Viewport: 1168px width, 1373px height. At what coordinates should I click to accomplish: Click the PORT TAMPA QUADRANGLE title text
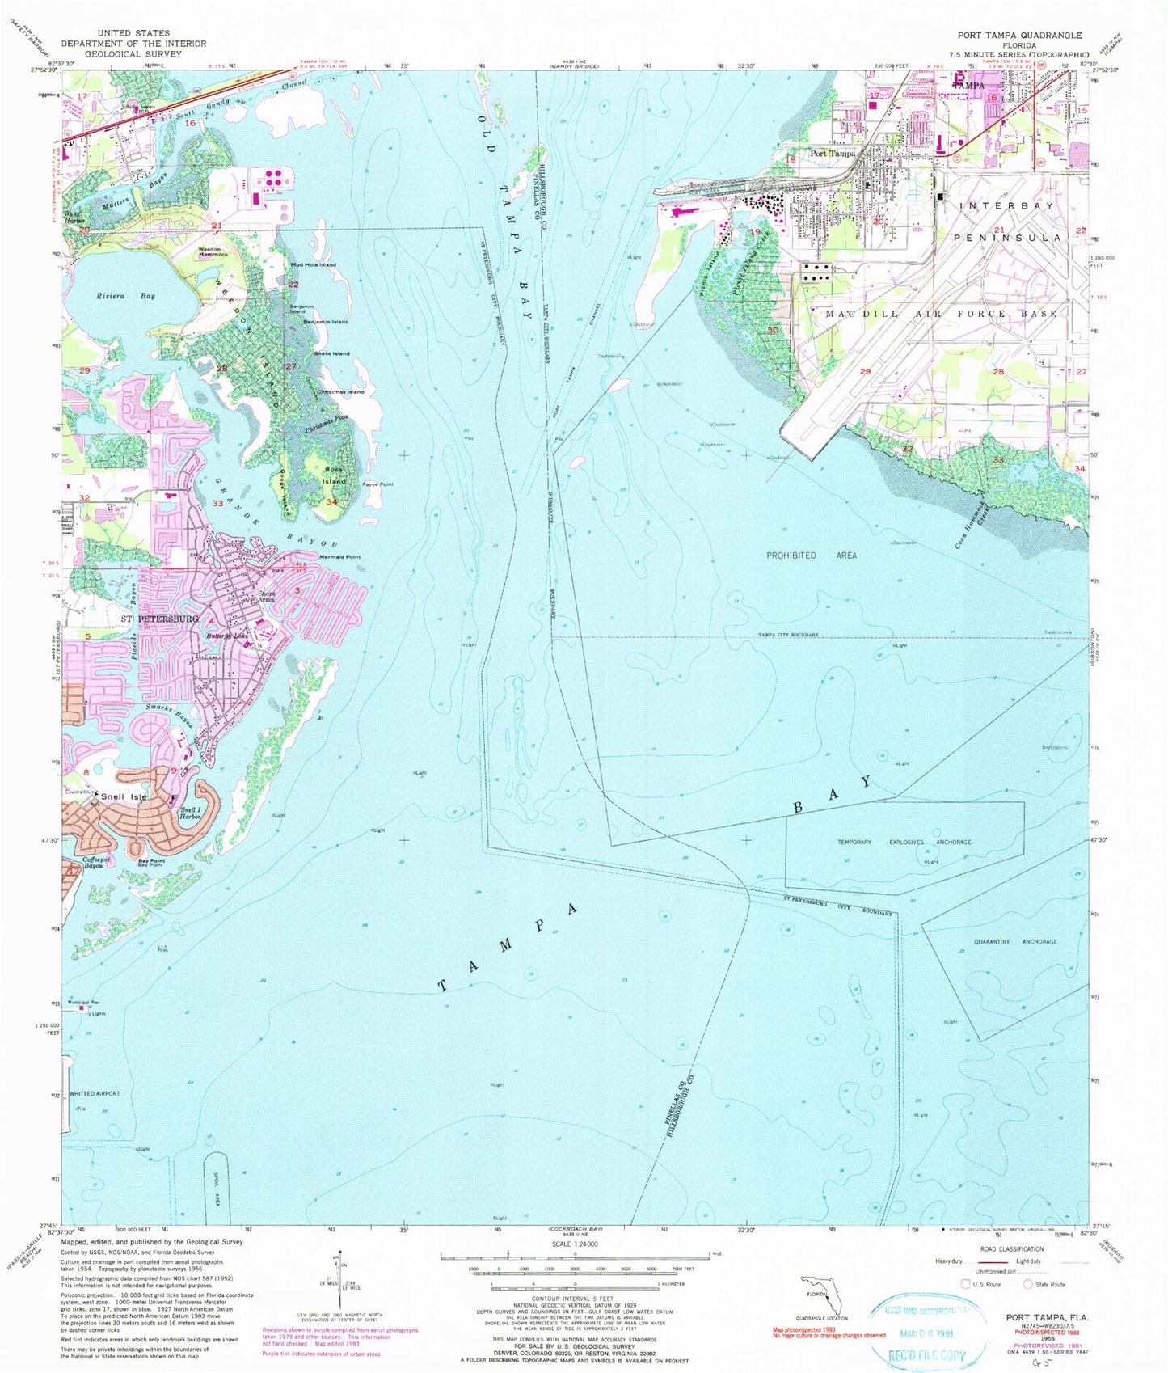(x=1019, y=36)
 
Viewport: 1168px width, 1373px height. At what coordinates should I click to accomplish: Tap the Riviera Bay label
(x=113, y=297)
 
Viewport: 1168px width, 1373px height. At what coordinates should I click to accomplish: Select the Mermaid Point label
(x=339, y=557)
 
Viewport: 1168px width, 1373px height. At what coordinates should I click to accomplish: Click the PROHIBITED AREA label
(x=811, y=556)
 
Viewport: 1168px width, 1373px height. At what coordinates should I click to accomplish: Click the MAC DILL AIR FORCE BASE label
(x=940, y=313)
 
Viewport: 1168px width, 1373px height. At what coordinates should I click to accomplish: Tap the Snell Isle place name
(x=124, y=797)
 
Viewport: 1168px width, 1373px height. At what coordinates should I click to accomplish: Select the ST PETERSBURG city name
(x=159, y=619)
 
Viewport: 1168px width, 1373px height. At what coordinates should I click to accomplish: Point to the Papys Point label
(x=377, y=484)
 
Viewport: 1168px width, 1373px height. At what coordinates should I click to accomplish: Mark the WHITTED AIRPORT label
(x=95, y=1093)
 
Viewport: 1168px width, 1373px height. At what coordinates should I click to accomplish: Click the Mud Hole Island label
(x=314, y=265)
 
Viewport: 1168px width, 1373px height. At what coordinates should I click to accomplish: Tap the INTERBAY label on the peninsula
(x=1006, y=206)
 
